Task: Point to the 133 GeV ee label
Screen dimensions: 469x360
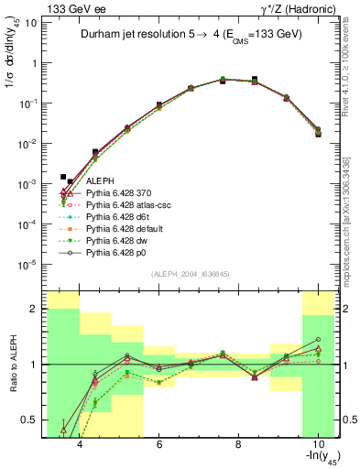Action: click(x=68, y=8)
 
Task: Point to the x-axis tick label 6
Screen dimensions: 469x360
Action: click(x=159, y=445)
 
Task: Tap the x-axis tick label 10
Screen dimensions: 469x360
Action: click(x=316, y=445)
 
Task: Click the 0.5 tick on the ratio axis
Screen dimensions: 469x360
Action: click(x=33, y=420)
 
